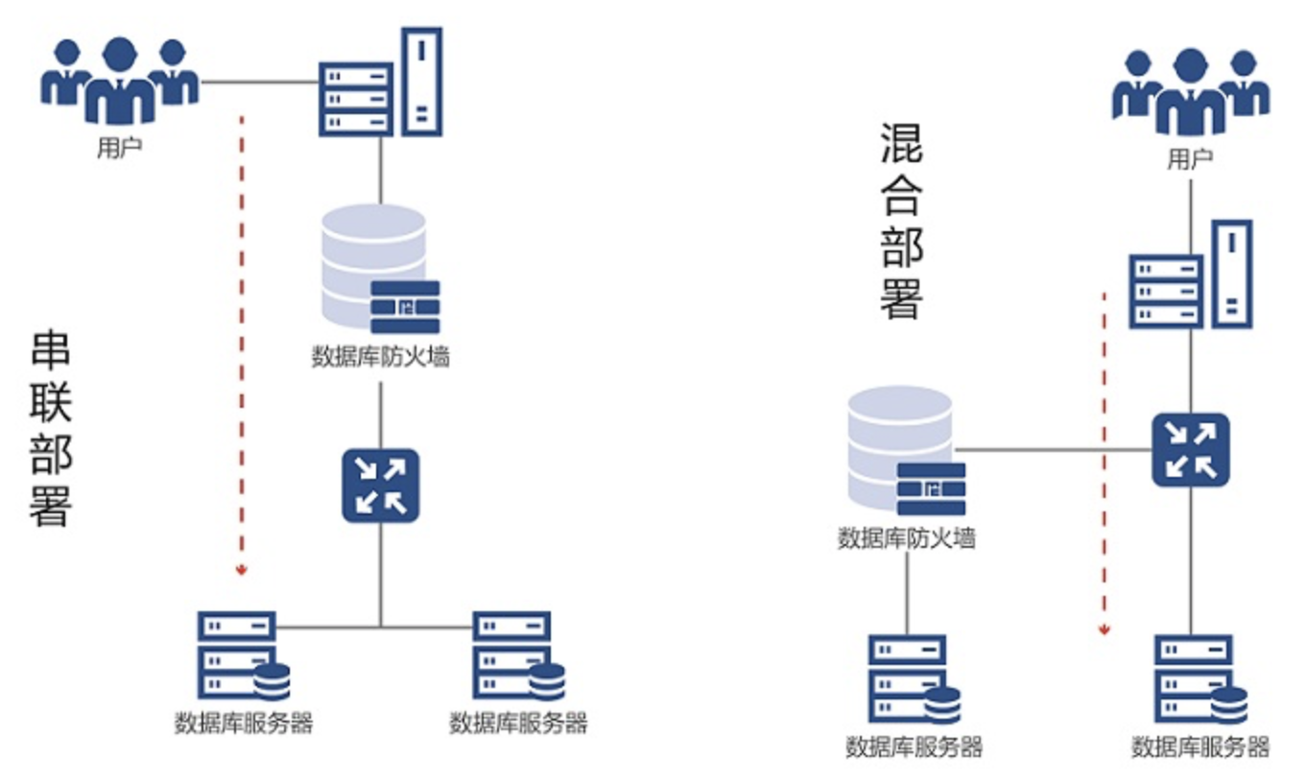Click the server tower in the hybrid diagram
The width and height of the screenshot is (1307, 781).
coord(1191,275)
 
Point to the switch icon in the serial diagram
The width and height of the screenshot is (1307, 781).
coord(381,485)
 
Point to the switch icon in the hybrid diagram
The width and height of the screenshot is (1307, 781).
coord(1191,449)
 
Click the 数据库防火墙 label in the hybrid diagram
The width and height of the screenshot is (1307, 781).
coord(906,537)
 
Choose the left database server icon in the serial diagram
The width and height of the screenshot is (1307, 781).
coord(240,656)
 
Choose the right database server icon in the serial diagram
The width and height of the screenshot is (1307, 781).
coord(516,656)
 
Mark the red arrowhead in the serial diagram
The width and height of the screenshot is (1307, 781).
coord(241,570)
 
